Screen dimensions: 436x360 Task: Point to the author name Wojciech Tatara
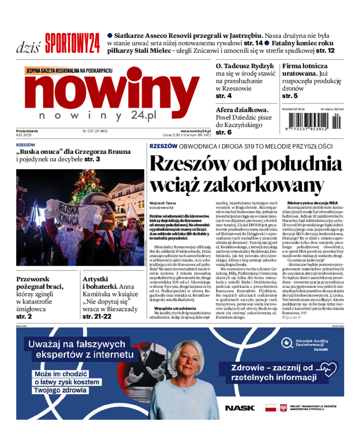(162, 203)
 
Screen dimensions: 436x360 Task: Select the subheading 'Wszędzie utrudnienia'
(168, 308)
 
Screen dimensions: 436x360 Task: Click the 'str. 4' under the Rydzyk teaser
(224, 96)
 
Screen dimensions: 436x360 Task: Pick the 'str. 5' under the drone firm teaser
(290, 96)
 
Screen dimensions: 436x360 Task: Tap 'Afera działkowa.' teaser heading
(242, 109)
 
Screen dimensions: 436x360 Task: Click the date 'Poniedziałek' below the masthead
(27, 131)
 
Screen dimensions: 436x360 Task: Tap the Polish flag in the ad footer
(270, 408)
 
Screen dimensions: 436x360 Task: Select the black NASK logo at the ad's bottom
(239, 408)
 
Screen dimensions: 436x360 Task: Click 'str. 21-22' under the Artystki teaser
(97, 316)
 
